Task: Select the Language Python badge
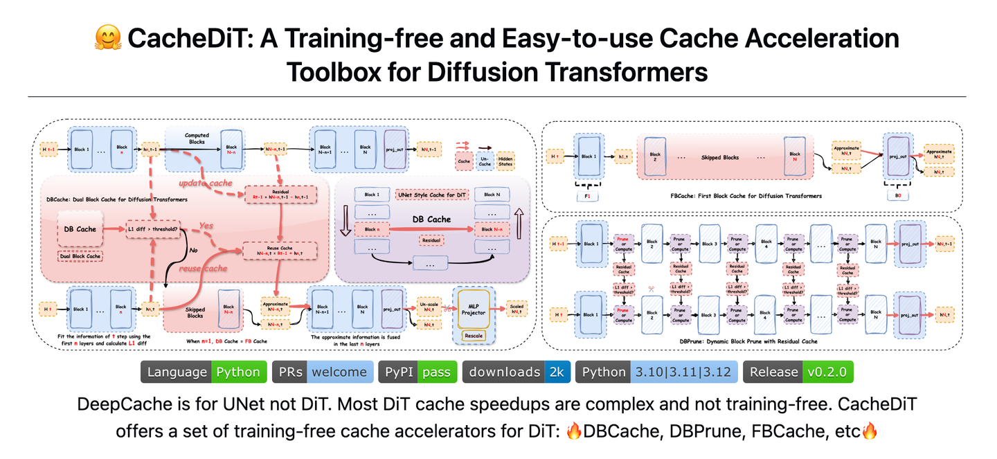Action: (204, 372)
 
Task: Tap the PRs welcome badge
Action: (323, 372)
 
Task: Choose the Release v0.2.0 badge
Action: (798, 372)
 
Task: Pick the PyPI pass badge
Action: (417, 372)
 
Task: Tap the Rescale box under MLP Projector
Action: (474, 336)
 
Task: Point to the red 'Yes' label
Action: (206, 226)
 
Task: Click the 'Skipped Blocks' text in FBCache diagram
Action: (720, 158)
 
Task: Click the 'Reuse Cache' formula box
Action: (280, 250)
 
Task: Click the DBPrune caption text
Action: (753, 341)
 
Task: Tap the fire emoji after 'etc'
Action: (869, 432)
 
